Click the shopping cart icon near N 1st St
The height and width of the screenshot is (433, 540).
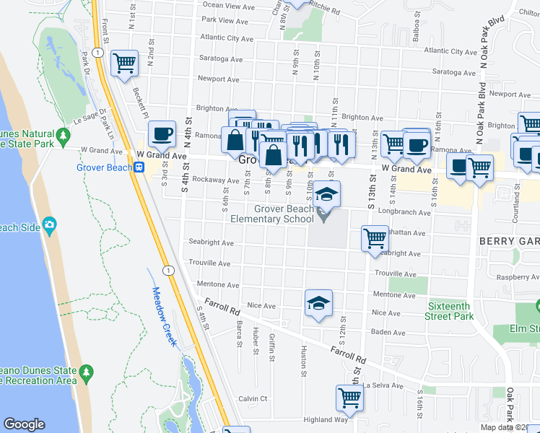[x=124, y=63]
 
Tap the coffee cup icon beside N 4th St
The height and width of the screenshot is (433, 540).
[x=162, y=133]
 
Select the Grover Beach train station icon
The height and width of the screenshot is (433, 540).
[x=140, y=167]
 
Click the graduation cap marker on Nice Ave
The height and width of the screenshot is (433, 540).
[x=318, y=303]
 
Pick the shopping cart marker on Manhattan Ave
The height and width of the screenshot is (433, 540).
[x=375, y=237]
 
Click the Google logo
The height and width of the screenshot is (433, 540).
[x=24, y=424]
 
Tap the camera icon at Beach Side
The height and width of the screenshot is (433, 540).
[x=50, y=225]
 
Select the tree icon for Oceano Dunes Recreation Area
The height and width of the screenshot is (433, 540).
[x=86, y=372]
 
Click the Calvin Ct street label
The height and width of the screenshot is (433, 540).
[x=253, y=398]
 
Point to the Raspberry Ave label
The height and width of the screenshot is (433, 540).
[x=513, y=277]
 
